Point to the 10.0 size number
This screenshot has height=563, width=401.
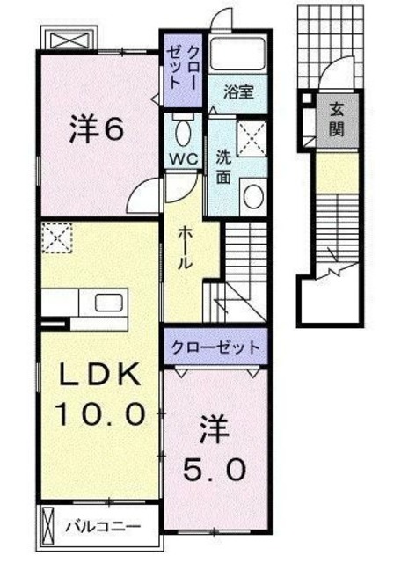tap(98, 411)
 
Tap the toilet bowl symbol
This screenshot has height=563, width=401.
tap(183, 132)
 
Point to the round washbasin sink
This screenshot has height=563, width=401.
tap(252, 194)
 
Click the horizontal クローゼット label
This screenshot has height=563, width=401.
tap(215, 346)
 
